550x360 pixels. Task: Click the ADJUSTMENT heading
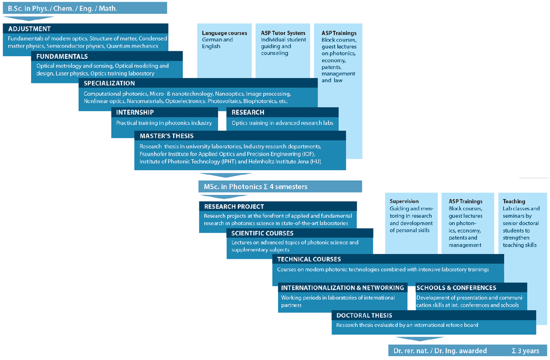(x=29, y=29)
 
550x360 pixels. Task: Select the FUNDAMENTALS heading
(x=62, y=56)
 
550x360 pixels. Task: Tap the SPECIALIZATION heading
(x=109, y=83)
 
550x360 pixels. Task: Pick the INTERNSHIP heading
(x=135, y=112)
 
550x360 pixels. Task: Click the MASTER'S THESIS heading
(x=167, y=136)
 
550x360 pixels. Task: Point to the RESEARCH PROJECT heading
(x=234, y=206)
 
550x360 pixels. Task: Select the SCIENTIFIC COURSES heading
(x=262, y=233)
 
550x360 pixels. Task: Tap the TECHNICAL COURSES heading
(x=309, y=259)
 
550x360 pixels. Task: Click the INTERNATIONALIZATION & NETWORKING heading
(x=342, y=288)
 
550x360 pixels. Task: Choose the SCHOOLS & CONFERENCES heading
(x=456, y=288)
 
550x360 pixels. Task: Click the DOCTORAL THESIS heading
(x=364, y=316)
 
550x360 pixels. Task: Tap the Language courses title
(x=224, y=33)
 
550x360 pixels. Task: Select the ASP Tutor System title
(x=283, y=33)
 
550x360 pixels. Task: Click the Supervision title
(x=404, y=202)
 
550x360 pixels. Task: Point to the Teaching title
(x=514, y=202)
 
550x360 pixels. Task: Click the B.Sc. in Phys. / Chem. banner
(x=85, y=8)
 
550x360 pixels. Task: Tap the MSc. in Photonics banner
(x=280, y=187)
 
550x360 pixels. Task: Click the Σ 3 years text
(x=525, y=351)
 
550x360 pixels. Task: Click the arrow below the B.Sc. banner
(x=28, y=18)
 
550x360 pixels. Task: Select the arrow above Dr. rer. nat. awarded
(x=420, y=339)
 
